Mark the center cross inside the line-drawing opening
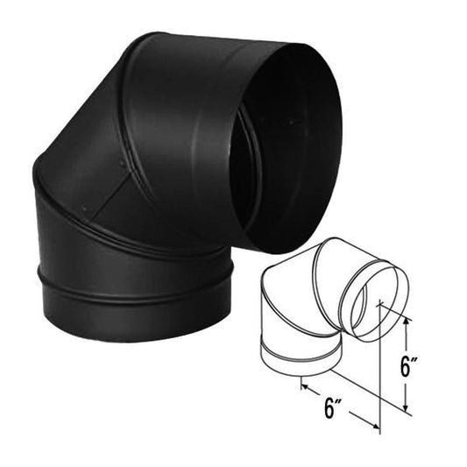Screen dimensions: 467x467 379,303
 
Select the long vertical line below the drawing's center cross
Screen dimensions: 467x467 379,368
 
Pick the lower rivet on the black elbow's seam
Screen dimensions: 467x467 83,209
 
